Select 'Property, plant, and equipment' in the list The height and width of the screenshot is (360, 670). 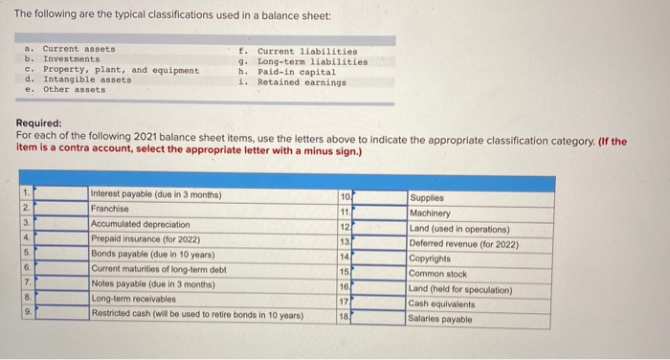coord(121,70)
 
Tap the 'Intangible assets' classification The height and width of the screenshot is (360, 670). coord(87,80)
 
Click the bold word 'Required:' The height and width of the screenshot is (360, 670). coord(39,124)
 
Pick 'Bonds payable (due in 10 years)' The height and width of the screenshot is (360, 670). coord(151,254)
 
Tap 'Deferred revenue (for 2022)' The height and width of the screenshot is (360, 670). coord(463,243)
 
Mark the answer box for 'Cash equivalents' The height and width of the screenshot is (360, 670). coord(377,304)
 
